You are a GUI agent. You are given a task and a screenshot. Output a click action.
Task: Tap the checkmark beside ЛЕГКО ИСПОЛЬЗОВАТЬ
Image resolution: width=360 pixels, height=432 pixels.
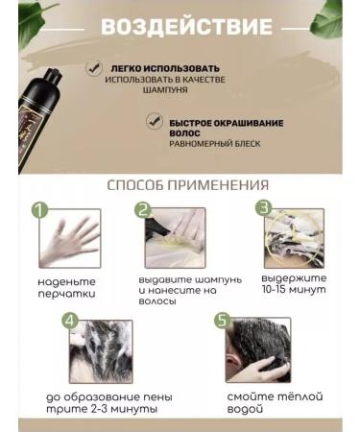[92, 69]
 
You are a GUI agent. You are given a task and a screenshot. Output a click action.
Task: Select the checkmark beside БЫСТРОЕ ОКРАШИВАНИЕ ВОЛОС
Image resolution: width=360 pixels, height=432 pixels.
[152, 122]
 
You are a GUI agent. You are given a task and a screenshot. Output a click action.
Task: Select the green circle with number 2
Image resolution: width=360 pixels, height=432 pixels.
[143, 209]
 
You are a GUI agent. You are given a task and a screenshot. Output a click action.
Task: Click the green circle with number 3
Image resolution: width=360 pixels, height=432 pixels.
[262, 208]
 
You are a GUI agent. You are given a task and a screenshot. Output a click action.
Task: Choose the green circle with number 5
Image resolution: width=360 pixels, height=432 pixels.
[224, 321]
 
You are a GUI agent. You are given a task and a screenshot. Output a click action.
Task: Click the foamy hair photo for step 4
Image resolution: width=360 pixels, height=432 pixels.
[101, 351]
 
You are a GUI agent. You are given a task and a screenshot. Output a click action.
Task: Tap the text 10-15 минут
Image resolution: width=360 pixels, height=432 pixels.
[293, 290]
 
